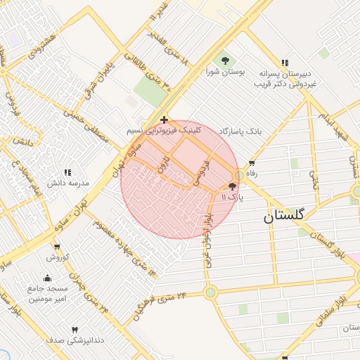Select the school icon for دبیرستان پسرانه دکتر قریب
click(x=285, y=63)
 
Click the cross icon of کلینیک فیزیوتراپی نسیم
click(x=164, y=120)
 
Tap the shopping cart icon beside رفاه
click(x=250, y=162)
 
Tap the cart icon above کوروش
click(x=56, y=247)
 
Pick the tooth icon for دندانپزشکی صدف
click(x=75, y=329)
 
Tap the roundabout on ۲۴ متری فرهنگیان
click(x=210, y=292)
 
